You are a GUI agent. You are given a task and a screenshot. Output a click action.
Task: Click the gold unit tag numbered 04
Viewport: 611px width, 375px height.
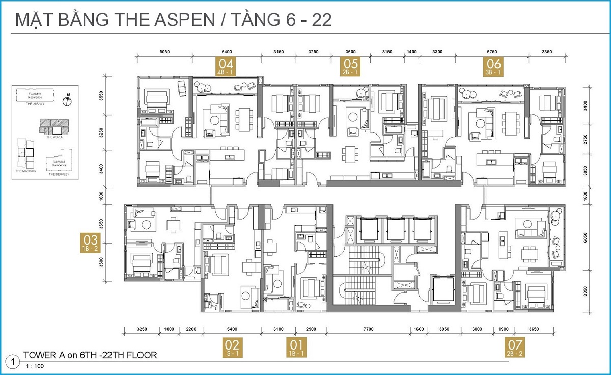click(x=226, y=66)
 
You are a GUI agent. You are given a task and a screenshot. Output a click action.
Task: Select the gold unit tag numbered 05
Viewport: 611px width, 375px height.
click(x=351, y=66)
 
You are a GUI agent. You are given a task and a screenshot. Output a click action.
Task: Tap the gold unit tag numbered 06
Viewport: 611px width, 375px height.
click(x=494, y=66)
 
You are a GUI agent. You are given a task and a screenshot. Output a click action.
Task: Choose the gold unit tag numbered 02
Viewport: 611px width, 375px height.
click(x=235, y=347)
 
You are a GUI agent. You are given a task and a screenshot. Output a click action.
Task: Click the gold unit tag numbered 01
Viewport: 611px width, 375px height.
click(x=296, y=347)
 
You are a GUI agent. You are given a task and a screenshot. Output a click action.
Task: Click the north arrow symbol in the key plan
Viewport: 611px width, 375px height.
click(x=67, y=100)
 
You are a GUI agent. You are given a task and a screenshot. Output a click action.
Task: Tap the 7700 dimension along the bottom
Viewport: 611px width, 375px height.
click(x=368, y=329)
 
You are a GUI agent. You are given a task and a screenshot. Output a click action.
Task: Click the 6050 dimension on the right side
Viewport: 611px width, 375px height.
click(x=585, y=236)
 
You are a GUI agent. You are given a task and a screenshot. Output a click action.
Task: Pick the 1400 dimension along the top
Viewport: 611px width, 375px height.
click(x=412, y=52)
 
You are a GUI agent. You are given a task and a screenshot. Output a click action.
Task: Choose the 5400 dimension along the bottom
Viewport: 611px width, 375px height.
click(x=232, y=329)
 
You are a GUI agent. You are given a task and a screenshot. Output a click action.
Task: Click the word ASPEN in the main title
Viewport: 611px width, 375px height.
click(x=174, y=20)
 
